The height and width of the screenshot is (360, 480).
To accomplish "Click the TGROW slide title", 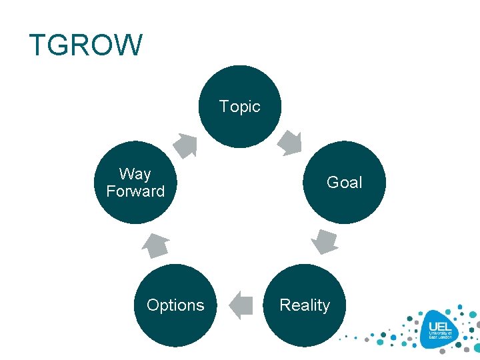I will (x=86, y=45).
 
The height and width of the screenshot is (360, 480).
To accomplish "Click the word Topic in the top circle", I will (x=239, y=107).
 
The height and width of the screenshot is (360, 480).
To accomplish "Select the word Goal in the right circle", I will (x=344, y=183).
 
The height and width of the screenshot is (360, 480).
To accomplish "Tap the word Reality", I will (x=305, y=305).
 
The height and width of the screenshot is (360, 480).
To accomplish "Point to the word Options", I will (x=175, y=305).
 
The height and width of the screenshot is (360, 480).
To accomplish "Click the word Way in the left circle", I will (x=135, y=175).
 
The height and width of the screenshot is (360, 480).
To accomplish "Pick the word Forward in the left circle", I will (x=135, y=191).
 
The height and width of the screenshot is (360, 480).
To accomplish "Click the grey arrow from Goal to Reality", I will (x=325, y=241).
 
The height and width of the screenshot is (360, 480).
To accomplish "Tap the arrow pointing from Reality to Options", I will (x=241, y=305).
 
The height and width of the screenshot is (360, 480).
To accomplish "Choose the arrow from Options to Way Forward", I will (x=157, y=245).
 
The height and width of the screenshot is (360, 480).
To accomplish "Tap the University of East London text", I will (x=441, y=335).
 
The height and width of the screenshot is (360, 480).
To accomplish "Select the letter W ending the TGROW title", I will (x=128, y=45).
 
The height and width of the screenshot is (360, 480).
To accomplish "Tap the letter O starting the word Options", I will (x=153, y=305).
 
